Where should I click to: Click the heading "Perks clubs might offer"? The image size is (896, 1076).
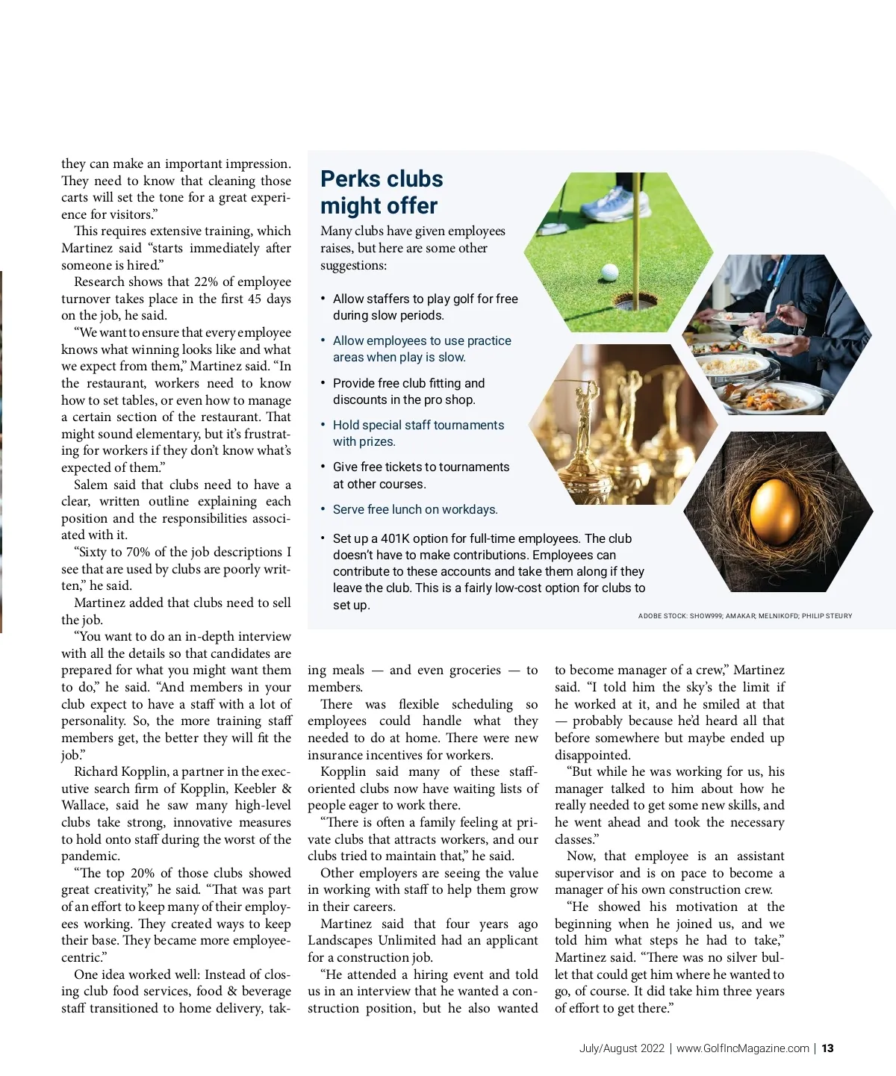tap(381, 192)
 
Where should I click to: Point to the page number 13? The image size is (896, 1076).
tap(827, 1048)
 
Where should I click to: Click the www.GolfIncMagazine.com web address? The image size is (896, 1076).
tap(742, 1048)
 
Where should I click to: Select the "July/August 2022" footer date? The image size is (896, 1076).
tap(621, 1048)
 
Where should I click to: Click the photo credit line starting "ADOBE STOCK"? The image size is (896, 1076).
tap(744, 616)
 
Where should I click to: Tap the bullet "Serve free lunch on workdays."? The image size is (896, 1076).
tap(414, 509)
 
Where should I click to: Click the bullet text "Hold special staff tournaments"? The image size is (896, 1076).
tap(418, 425)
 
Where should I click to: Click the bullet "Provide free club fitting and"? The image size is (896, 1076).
tap(408, 383)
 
